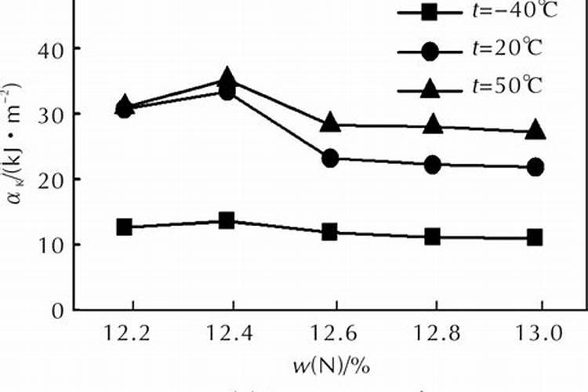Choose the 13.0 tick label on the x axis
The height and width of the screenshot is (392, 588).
[536, 334]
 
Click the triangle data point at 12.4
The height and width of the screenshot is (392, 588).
[227, 77]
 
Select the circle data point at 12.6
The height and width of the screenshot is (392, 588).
[330, 158]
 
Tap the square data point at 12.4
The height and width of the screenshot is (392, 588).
[227, 220]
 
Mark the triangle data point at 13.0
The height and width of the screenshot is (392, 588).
[535, 130]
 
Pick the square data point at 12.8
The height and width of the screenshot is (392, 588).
[433, 236]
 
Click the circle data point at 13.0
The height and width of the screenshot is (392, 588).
[535, 167]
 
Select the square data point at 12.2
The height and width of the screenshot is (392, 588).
[124, 227]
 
